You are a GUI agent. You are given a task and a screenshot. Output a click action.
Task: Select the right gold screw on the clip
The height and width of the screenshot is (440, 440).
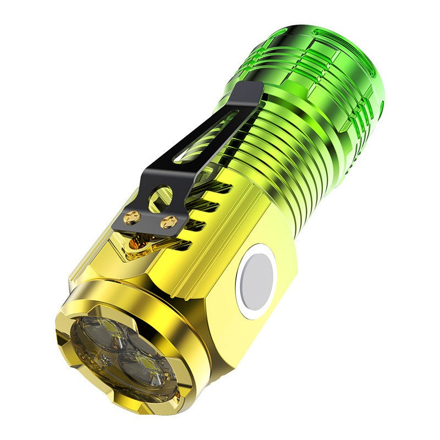pos(169,222)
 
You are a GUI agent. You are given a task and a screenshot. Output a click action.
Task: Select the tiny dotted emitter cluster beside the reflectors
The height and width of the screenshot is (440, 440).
pos(104,358)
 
